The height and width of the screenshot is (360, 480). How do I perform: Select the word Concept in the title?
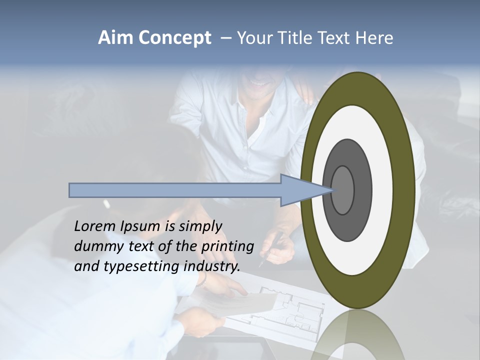(x=175, y=38)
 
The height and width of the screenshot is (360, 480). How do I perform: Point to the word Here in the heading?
(x=374, y=38)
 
